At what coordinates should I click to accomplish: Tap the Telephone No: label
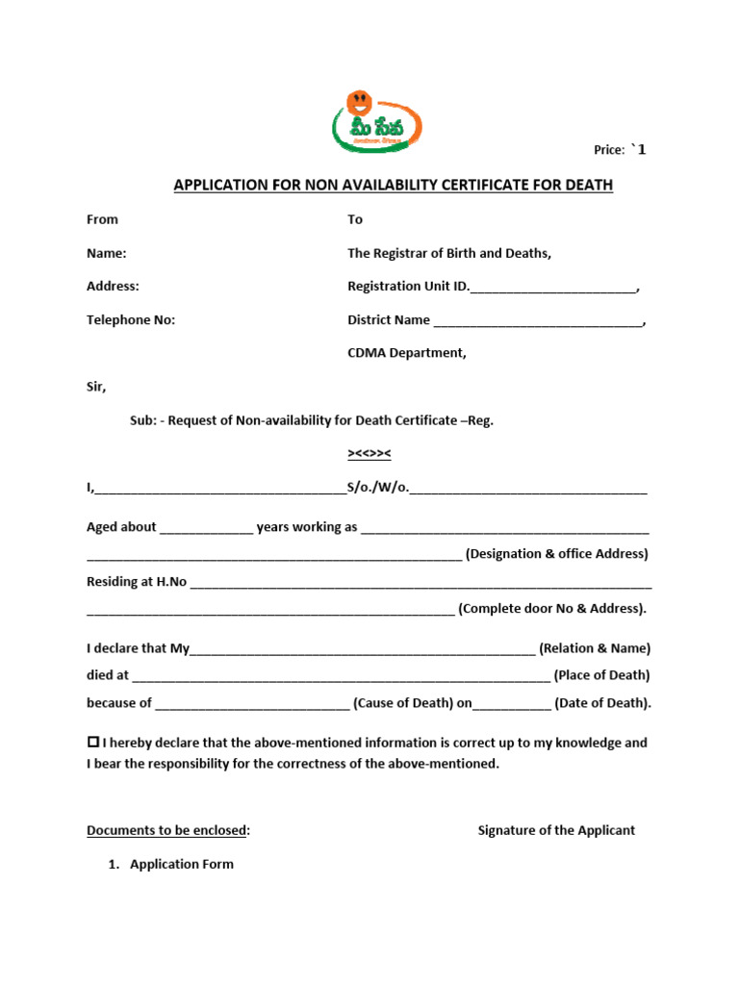(x=131, y=320)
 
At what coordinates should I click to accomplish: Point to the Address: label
(x=113, y=287)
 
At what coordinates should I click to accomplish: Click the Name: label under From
(x=107, y=254)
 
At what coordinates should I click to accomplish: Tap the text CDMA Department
(x=406, y=353)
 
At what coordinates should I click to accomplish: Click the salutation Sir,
(x=96, y=388)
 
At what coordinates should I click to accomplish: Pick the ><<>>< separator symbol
(x=369, y=454)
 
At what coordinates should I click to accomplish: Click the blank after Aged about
(x=207, y=528)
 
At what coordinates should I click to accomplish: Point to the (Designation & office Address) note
(x=557, y=554)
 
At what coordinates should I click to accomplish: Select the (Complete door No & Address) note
(x=552, y=609)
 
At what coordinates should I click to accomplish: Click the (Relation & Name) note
(x=595, y=648)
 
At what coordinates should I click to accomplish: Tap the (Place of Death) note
(x=601, y=675)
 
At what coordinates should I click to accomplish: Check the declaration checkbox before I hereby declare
(x=93, y=743)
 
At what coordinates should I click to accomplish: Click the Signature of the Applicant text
(x=556, y=830)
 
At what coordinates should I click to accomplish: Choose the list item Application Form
(x=182, y=864)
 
